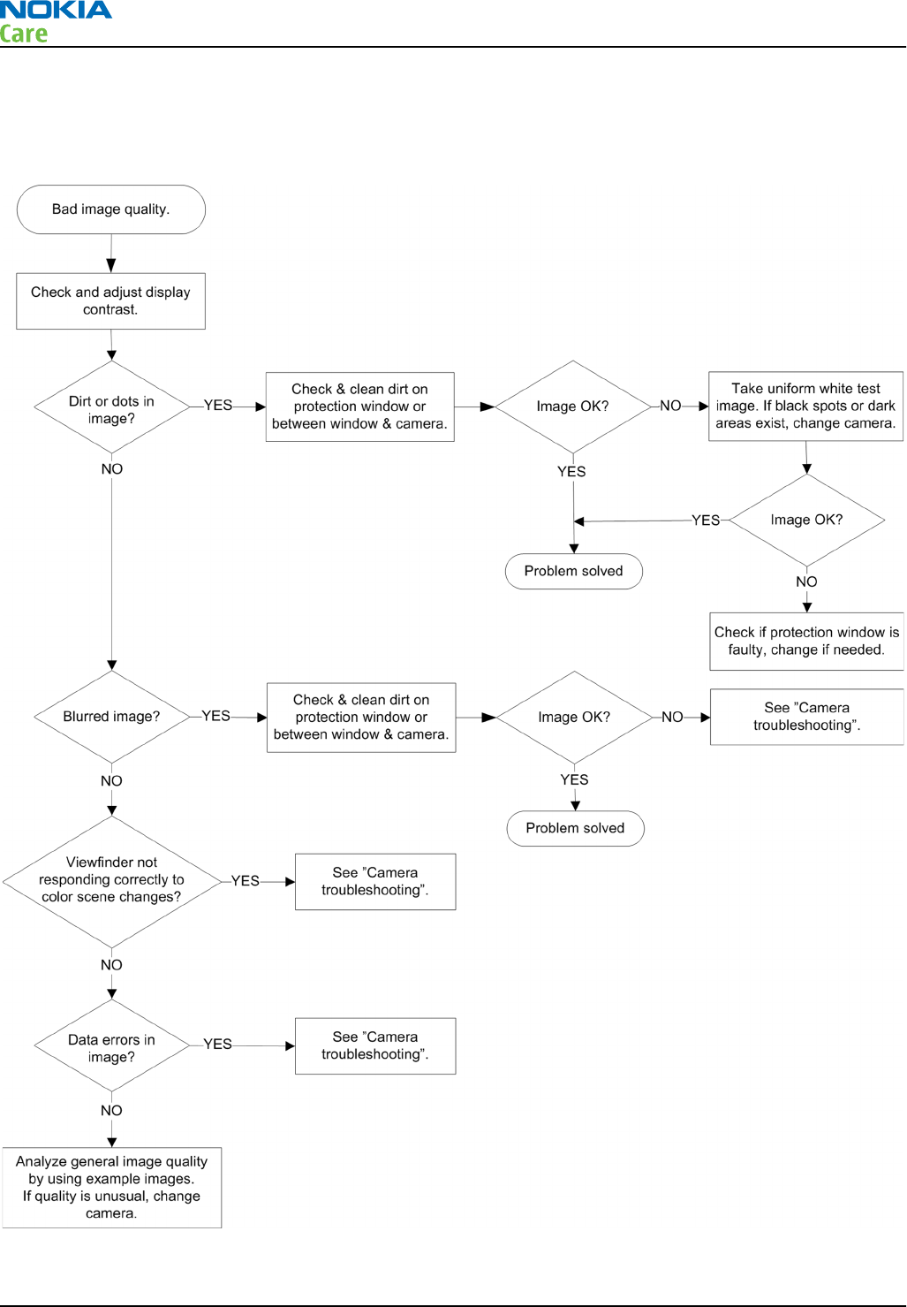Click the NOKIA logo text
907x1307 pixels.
pyautogui.click(x=56, y=10)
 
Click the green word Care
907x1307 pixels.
pyautogui.click(x=24, y=34)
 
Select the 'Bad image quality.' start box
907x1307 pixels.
pyautogui.click(x=110, y=209)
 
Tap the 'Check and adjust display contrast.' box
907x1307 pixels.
pyautogui.click(x=110, y=301)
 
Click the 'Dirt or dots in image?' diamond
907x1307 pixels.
pyautogui.click(x=111, y=407)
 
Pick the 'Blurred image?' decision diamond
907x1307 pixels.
pyautogui.click(x=111, y=717)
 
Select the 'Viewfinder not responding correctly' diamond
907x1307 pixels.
pyautogui.click(x=111, y=882)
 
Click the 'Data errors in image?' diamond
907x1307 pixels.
pyautogui.click(x=111, y=1045)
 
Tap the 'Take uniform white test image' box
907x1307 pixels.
pyautogui.click(x=805, y=407)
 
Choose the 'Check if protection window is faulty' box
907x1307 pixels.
pyautogui.click(x=806, y=642)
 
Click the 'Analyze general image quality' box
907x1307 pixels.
pyautogui.click(x=111, y=1188)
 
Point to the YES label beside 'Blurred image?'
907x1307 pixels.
pyautogui.click(x=215, y=716)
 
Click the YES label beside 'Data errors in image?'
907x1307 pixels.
pyautogui.click(x=217, y=1044)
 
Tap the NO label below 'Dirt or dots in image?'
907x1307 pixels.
pyautogui.click(x=112, y=469)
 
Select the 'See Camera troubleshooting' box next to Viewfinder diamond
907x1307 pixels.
pyautogui.click(x=375, y=882)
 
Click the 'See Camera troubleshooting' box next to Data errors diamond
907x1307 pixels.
pyautogui.click(x=375, y=1046)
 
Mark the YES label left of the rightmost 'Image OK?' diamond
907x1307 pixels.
pyautogui.click(x=706, y=521)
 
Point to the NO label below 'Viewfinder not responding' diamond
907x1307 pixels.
pyautogui.click(x=111, y=965)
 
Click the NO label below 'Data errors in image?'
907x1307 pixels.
pyautogui.click(x=111, y=1110)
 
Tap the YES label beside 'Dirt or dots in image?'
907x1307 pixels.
pyautogui.click(x=218, y=405)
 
